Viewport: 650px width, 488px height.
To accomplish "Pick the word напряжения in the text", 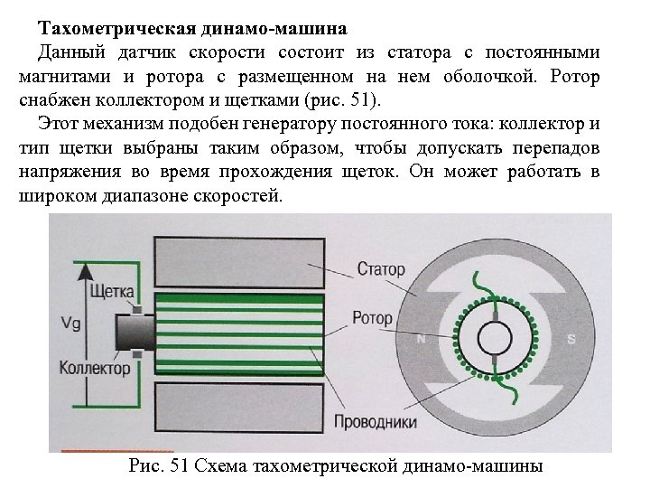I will tap(66, 173).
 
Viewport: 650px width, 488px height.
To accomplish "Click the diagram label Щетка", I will tap(113, 291).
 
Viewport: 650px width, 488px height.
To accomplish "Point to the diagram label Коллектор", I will tap(95, 368).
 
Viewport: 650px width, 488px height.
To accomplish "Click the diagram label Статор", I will tap(380, 269).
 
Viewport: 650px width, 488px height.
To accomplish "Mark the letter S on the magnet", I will tap(571, 340).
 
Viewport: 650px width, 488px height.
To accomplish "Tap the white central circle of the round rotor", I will tap(496, 339).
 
